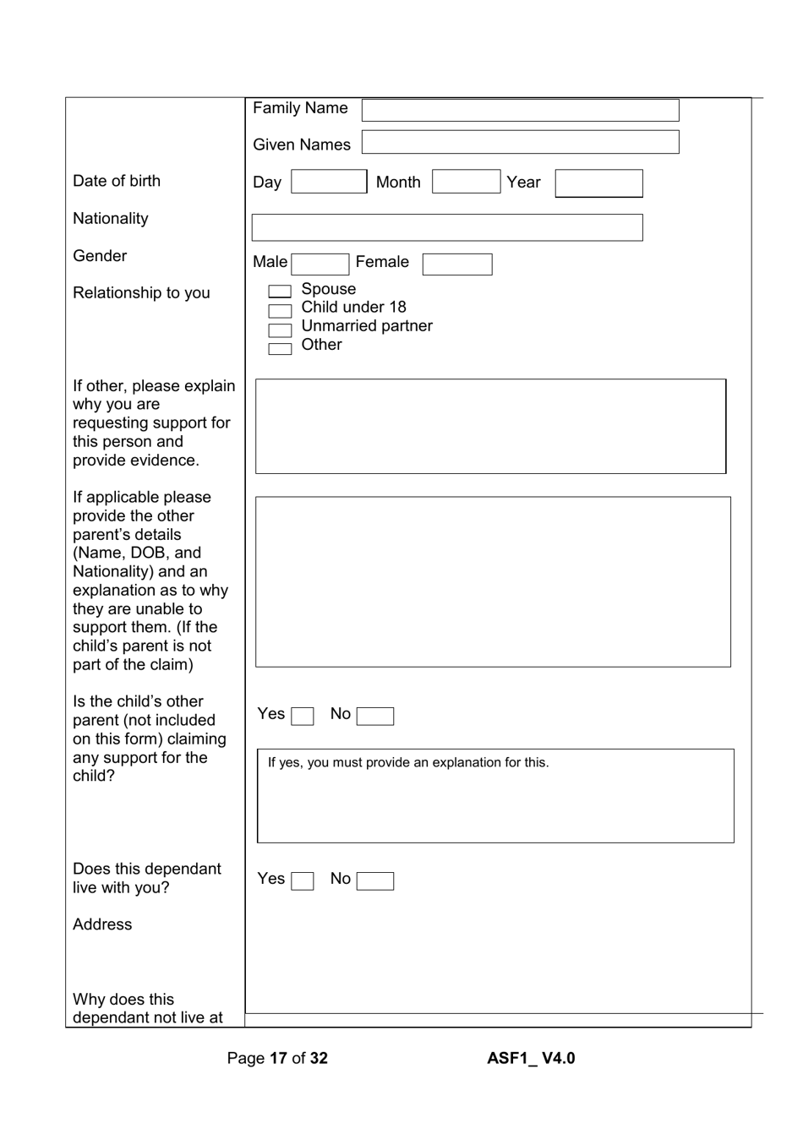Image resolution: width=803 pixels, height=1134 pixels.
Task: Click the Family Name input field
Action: [x=520, y=110]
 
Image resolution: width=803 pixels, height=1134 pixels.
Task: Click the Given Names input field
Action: [x=520, y=142]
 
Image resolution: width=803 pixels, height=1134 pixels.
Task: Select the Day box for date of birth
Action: [x=329, y=182]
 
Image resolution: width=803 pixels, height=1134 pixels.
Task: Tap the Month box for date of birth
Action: [x=466, y=182]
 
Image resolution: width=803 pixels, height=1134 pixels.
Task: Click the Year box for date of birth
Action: [x=598, y=183]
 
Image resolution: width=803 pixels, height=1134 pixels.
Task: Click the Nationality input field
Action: [x=447, y=227]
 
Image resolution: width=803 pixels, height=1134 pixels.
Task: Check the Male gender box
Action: [x=320, y=264]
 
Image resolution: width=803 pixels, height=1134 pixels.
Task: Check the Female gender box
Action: [x=457, y=264]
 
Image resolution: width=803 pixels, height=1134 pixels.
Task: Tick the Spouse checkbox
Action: [x=280, y=292]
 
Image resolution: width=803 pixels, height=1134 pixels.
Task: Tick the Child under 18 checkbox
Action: [x=280, y=311]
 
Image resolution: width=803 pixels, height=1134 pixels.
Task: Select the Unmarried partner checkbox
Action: [x=280, y=330]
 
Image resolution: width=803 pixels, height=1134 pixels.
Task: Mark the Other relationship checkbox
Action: [x=280, y=349]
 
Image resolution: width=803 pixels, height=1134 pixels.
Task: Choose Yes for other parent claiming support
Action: [x=303, y=717]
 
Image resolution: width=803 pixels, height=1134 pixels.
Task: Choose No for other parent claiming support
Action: [x=375, y=717]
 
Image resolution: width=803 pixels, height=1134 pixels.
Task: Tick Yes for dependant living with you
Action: [x=303, y=881]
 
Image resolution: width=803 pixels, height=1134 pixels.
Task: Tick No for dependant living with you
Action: [x=375, y=881]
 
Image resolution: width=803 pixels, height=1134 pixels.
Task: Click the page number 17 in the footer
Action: [x=278, y=1058]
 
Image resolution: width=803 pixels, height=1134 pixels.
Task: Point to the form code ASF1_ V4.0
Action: [x=531, y=1058]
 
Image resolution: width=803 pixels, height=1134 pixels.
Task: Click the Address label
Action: [x=102, y=924]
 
